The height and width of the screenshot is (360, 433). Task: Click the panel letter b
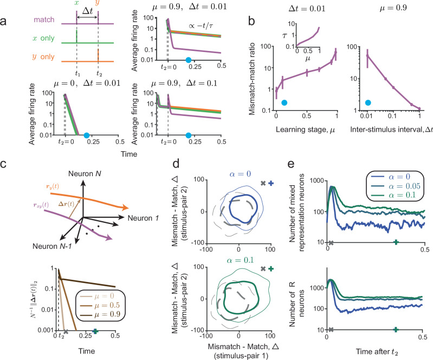(x=251, y=21)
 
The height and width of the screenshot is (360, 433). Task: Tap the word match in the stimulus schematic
(x=44, y=20)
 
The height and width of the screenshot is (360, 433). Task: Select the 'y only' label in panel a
(x=43, y=56)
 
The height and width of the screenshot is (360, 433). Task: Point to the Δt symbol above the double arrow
(x=88, y=11)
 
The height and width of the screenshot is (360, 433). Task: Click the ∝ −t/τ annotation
(x=201, y=26)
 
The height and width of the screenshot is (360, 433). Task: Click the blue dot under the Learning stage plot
(x=284, y=103)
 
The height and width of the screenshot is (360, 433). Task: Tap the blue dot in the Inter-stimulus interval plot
(x=368, y=103)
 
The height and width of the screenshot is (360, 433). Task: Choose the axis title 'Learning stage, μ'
(x=305, y=130)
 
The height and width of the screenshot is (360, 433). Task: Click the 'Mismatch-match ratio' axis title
(x=252, y=79)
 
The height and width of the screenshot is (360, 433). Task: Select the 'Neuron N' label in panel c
(x=85, y=174)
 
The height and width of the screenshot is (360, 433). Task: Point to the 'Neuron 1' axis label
(x=143, y=218)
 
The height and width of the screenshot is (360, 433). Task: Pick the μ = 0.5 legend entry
(x=100, y=305)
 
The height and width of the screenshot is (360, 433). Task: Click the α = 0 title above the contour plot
(x=240, y=174)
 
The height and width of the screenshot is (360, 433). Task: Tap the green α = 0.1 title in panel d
(x=240, y=260)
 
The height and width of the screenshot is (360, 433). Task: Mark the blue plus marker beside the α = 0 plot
(x=271, y=183)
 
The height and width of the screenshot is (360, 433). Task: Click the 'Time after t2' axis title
(x=377, y=352)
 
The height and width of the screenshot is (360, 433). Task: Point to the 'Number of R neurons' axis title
(x=296, y=304)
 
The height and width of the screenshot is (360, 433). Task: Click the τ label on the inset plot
(x=285, y=35)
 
